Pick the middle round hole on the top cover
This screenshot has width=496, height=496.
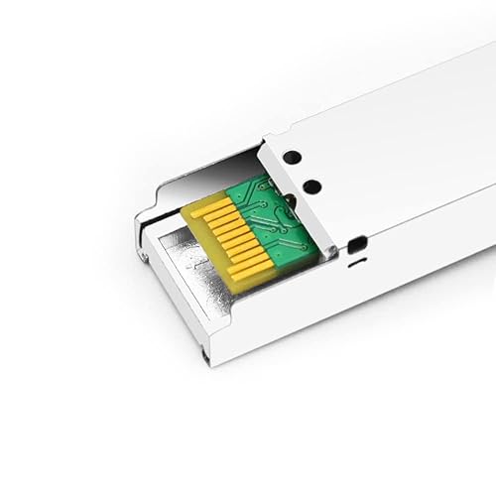coord(311,185)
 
